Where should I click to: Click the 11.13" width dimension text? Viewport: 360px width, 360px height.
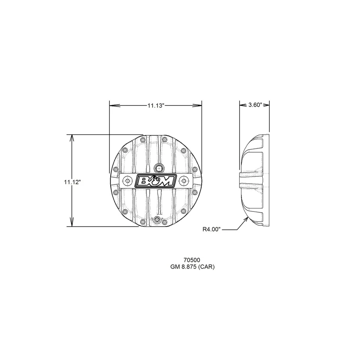[156, 106]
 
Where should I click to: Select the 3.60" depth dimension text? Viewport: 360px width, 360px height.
[255, 105]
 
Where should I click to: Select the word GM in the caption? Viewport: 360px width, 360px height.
[175, 267]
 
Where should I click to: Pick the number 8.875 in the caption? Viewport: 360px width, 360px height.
[189, 267]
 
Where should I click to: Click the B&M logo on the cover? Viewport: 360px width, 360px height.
[156, 181]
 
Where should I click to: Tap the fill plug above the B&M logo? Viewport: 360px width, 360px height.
[159, 168]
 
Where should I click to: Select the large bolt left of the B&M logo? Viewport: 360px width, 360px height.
[128, 181]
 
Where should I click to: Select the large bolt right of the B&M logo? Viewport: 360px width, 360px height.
[183, 181]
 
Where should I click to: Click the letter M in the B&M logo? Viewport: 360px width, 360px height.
[167, 181]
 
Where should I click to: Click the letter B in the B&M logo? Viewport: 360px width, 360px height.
[144, 181]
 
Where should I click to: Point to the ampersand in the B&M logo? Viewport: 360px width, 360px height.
[155, 181]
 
